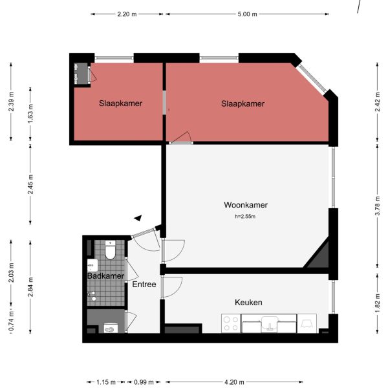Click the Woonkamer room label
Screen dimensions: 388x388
[246, 205]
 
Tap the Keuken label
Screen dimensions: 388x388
[248, 302]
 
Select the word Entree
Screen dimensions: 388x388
[144, 285]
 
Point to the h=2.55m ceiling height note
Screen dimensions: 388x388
[246, 217]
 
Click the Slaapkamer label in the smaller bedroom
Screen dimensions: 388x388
[120, 103]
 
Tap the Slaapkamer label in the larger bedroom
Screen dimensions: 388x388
[242, 103]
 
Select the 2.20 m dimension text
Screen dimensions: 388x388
[127, 14]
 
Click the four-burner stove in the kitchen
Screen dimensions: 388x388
[230, 323]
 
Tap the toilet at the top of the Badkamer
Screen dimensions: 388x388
[111, 250]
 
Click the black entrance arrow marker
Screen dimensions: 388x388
[137, 219]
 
